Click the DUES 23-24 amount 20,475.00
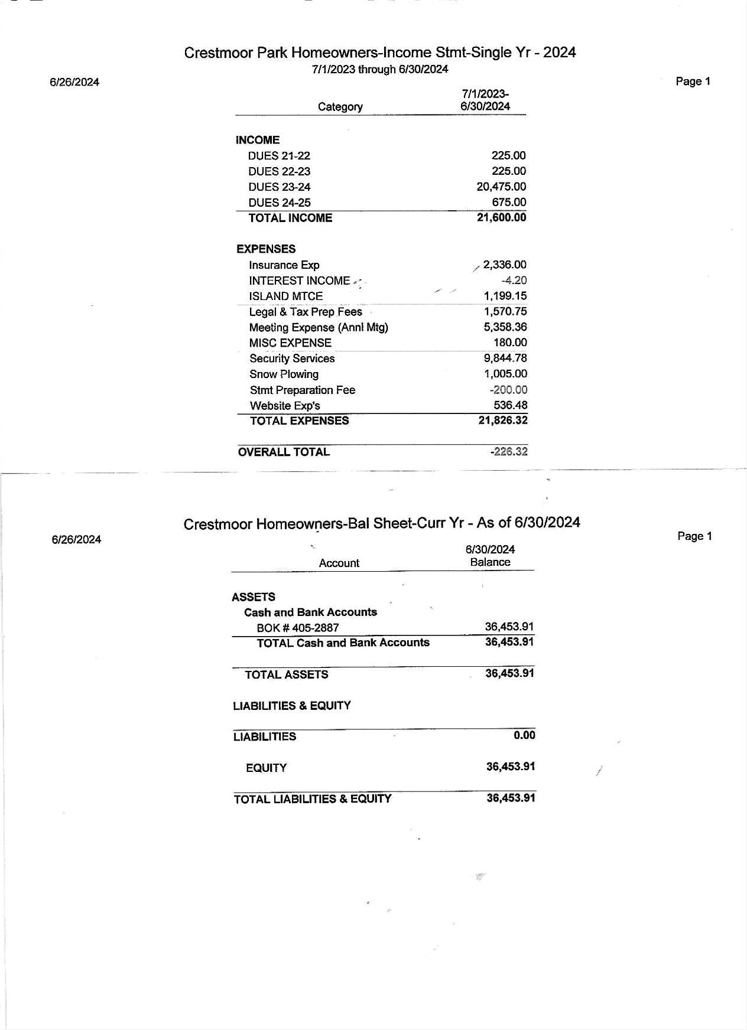tap(501, 187)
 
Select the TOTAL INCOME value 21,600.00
tap(501, 217)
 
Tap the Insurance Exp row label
tap(284, 265)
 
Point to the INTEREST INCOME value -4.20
tap(514, 281)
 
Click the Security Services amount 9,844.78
tap(505, 358)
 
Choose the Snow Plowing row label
tap(284, 374)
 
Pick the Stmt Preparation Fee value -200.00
tap(508, 390)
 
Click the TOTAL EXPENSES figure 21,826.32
tap(503, 421)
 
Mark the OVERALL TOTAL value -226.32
tap(509, 452)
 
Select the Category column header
tap(340, 107)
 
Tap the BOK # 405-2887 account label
tap(297, 628)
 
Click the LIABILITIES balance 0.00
tap(524, 735)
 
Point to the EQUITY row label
tap(266, 768)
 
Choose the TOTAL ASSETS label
tap(286, 674)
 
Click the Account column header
tap(339, 563)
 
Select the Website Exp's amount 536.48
tap(511, 405)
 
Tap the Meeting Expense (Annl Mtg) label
tap(319, 328)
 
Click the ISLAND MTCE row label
tap(285, 296)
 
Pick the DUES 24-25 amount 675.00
tap(509, 202)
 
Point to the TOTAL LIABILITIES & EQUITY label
tap(312, 799)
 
